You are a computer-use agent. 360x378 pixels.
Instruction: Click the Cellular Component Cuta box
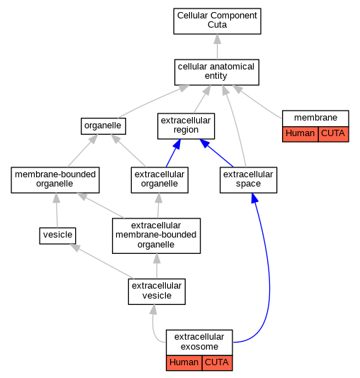tap(217, 21)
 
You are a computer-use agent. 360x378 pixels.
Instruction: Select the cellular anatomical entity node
tap(217, 72)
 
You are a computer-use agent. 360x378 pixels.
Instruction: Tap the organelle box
tap(103, 126)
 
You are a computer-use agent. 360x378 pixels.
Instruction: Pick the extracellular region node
tap(186, 126)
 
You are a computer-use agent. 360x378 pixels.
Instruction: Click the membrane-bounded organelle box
tap(55, 180)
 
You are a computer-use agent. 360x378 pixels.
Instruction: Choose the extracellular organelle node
tap(159, 180)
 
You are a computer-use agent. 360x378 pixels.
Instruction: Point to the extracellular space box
tap(249, 180)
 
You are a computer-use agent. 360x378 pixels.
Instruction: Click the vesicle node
tap(57, 235)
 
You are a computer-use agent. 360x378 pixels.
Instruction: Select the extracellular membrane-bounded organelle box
tap(156, 235)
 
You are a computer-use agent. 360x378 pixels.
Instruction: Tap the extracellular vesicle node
tap(157, 291)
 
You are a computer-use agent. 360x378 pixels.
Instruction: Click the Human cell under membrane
tap(300, 134)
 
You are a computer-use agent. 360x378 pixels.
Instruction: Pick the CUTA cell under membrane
tap(334, 134)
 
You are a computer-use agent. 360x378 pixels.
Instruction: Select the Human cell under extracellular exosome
tap(184, 363)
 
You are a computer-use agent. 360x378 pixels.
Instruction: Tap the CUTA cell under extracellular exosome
tap(217, 363)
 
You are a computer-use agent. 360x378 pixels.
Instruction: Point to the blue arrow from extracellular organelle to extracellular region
tap(173, 153)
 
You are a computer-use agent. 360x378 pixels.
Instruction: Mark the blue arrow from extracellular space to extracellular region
tap(216, 153)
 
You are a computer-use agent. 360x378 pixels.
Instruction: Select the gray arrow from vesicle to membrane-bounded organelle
tap(57, 210)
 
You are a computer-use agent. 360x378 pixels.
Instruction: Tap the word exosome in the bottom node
tap(200, 347)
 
